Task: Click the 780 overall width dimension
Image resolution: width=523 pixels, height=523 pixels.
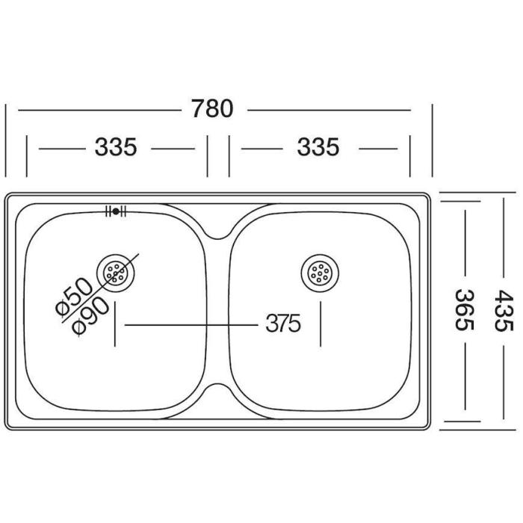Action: click(x=212, y=108)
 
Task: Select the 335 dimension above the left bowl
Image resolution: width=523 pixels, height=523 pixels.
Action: click(x=116, y=147)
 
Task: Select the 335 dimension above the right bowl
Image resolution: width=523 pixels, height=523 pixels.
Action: click(x=318, y=147)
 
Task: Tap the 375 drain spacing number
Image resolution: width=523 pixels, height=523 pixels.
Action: click(x=283, y=324)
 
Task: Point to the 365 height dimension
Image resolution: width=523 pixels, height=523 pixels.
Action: click(x=464, y=310)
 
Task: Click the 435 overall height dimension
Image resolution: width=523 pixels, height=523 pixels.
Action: click(x=504, y=311)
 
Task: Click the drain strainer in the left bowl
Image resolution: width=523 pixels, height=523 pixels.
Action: click(x=115, y=274)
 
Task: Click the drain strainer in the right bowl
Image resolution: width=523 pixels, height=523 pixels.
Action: click(x=320, y=273)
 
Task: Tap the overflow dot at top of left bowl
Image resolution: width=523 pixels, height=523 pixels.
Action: click(x=116, y=211)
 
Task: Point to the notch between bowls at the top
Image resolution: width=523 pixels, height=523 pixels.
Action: click(x=217, y=233)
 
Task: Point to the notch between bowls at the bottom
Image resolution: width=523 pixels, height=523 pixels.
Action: click(x=217, y=389)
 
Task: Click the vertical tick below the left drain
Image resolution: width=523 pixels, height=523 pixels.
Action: click(x=115, y=324)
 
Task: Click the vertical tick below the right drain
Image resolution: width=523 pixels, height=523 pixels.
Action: click(x=321, y=324)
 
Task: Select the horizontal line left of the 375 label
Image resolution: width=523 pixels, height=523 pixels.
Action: click(x=191, y=324)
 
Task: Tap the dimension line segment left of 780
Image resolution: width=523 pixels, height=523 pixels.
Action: click(x=99, y=110)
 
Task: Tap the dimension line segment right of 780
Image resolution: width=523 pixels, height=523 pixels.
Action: click(x=329, y=110)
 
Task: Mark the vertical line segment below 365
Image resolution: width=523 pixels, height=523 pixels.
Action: click(x=465, y=377)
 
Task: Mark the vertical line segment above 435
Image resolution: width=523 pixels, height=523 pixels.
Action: click(x=504, y=238)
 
